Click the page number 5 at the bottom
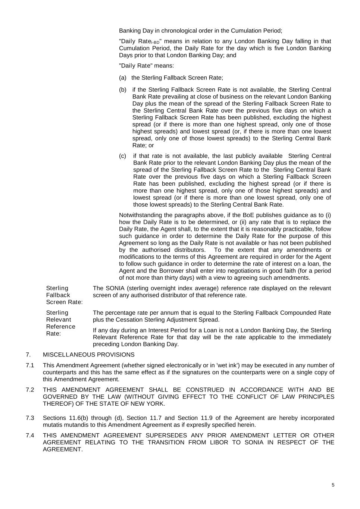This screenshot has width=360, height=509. [x=333, y=485]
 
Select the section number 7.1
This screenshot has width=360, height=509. [x=30, y=365]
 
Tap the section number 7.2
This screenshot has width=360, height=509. [x=30, y=390]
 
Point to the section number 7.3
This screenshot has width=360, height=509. [x=30, y=418]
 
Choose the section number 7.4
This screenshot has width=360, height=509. [x=30, y=436]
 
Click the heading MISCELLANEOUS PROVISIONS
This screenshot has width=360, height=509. [x=89, y=355]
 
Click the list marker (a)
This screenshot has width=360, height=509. [x=123, y=78]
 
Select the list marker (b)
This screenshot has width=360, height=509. [x=123, y=90]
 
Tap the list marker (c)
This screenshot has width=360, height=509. [x=123, y=156]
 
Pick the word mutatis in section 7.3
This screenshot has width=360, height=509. [x=53, y=425]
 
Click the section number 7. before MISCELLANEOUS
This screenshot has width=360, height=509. [x=28, y=355]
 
